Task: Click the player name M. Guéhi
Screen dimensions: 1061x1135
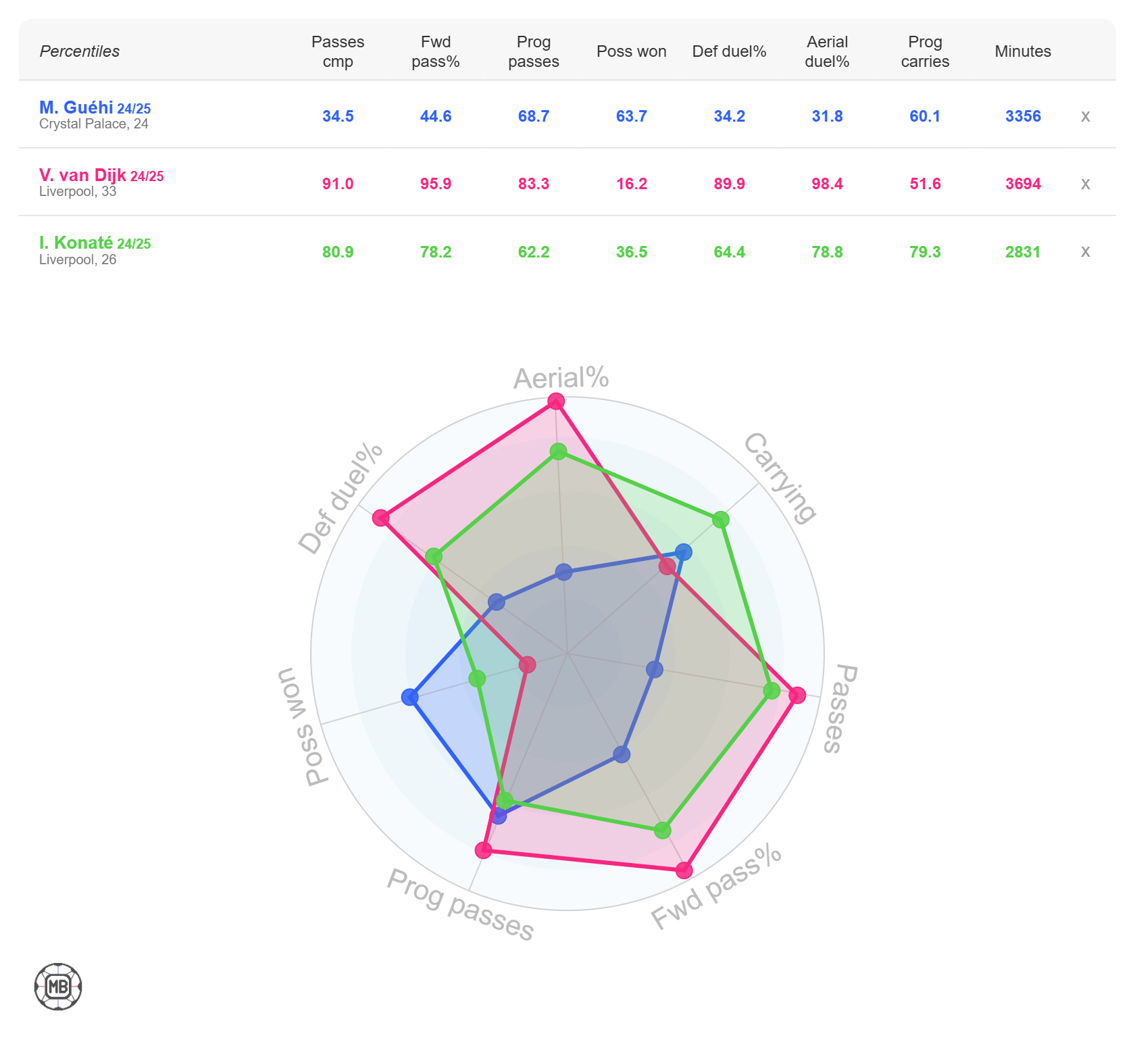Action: coord(76,107)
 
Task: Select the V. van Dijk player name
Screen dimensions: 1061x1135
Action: coord(82,175)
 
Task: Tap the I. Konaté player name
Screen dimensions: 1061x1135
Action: coord(76,243)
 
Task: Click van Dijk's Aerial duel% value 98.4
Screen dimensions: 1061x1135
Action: coord(827,184)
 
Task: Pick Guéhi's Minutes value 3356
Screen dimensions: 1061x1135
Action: coord(1023,116)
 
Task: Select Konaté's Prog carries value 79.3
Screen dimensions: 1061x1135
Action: coord(925,252)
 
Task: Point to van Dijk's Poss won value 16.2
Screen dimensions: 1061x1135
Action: coord(631,184)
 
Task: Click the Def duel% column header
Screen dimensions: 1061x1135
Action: coord(729,51)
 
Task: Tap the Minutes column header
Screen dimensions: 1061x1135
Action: coord(1023,51)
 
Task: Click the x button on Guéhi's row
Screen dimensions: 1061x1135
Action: coord(1085,116)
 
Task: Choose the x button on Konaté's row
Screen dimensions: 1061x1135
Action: coord(1085,252)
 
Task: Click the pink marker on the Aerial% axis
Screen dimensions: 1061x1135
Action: coord(556,401)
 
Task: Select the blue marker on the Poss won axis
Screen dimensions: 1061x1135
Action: coord(410,697)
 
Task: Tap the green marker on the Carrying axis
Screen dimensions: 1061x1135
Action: coord(721,520)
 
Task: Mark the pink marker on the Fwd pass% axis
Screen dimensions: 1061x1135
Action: coord(684,870)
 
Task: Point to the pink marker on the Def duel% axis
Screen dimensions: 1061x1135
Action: coord(381,518)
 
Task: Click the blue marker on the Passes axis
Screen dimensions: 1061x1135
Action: coord(654,670)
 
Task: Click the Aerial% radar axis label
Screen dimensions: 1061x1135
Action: coord(561,378)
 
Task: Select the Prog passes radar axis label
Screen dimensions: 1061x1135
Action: coord(460,905)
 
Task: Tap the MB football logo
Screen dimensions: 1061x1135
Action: coord(58,987)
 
